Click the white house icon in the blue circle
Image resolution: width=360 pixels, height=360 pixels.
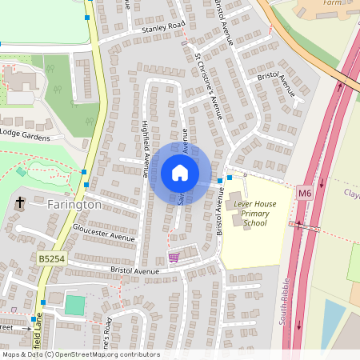(180, 173)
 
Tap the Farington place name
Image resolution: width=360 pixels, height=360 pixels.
(74, 205)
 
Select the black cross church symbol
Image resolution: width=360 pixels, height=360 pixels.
(19, 203)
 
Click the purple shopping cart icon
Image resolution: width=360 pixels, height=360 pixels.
(174, 258)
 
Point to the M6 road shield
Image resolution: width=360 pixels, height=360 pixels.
(304, 193)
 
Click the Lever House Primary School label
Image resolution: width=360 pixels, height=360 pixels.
(255, 214)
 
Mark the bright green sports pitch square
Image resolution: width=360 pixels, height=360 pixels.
(74, 305)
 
